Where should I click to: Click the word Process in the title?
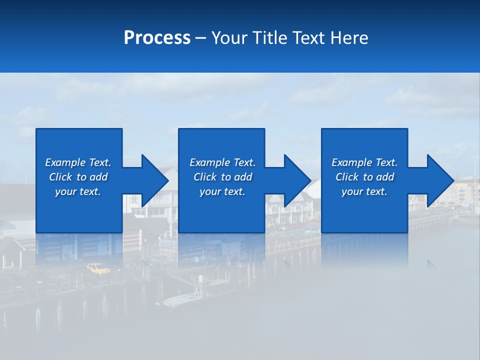tap(157, 38)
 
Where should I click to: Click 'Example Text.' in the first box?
tap(78, 162)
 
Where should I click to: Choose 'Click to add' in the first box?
tap(78, 177)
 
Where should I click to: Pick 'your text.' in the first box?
tap(78, 191)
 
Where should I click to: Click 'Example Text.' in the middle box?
tap(222, 162)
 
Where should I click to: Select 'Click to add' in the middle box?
tap(222, 177)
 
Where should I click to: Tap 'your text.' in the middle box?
tap(222, 191)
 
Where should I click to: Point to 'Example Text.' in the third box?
tap(364, 162)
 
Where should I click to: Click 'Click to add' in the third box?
tap(364, 177)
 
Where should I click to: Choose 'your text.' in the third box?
tap(364, 191)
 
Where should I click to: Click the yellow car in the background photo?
tap(98, 269)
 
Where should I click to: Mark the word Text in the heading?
tap(307, 38)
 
